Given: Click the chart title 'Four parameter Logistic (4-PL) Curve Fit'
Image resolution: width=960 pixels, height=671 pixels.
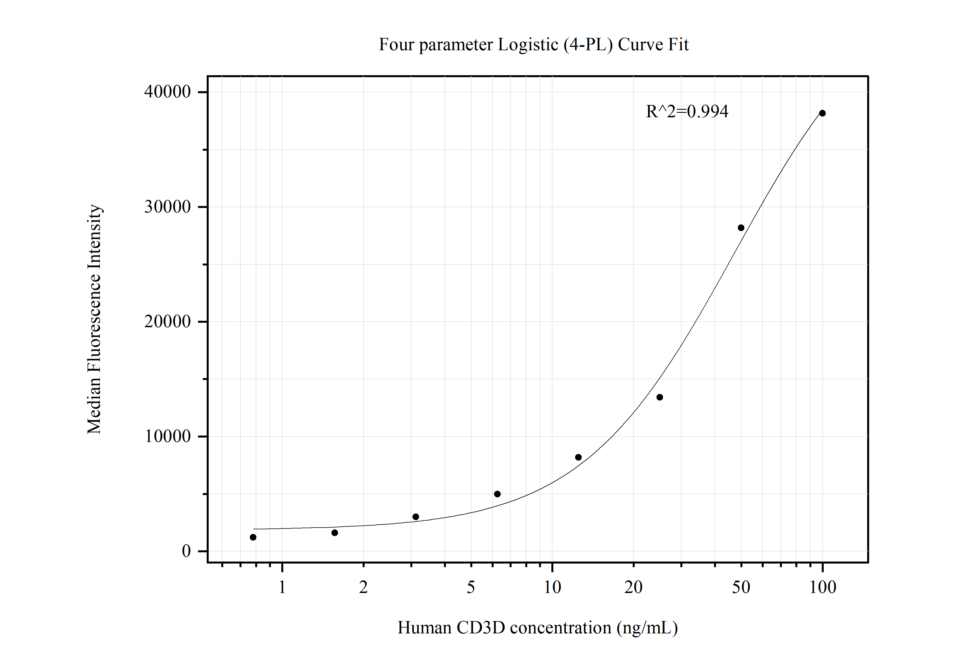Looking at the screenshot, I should (533, 45).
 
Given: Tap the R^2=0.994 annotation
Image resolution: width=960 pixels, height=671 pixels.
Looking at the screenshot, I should (687, 112).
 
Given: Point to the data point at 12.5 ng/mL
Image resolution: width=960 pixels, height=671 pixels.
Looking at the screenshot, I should (578, 457).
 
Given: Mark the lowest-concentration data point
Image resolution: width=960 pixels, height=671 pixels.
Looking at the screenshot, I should (253, 537).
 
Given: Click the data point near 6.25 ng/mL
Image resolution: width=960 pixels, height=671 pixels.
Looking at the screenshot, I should (497, 494).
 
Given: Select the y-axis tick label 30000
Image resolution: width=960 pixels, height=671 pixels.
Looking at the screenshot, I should (167, 207).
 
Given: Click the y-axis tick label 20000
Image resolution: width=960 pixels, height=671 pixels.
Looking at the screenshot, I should (167, 322).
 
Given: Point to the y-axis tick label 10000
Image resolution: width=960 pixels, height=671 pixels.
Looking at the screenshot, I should (167, 436).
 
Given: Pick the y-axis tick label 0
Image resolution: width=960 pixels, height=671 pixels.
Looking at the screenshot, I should (186, 551).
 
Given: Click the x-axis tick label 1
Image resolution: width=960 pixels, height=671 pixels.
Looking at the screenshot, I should (282, 588).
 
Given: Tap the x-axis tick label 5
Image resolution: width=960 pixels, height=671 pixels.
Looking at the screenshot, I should (471, 588).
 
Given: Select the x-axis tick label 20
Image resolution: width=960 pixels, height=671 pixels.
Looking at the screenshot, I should (634, 588).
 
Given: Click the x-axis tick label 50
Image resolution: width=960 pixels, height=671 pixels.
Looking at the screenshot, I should (741, 588).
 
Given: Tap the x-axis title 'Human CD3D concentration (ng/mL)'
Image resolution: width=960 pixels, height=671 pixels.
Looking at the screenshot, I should (537, 628).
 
